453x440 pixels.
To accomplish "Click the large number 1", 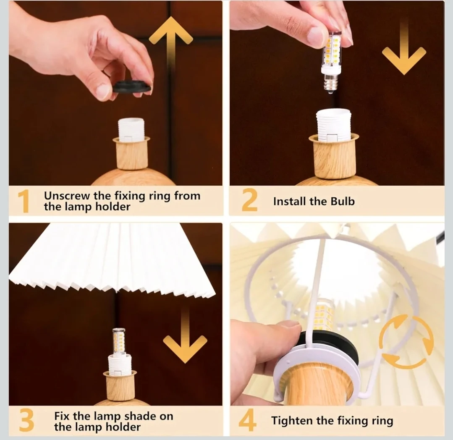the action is (24, 202).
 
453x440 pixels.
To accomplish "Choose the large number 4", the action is (248, 420).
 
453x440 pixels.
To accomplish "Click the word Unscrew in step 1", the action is (67, 196).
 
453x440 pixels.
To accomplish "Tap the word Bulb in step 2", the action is (343, 201).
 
